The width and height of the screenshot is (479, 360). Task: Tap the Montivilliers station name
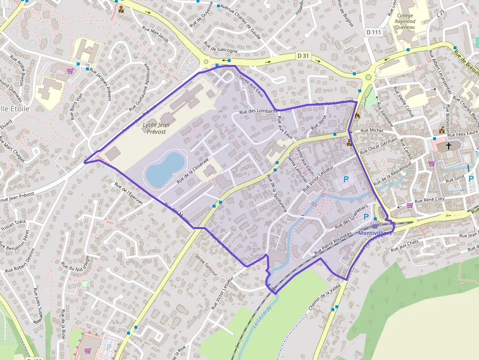tap(375, 233)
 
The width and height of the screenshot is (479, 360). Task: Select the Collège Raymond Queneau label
tap(405, 22)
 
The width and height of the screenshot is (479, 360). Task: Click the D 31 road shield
tap(303, 56)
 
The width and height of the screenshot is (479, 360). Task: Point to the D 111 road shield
tap(373, 32)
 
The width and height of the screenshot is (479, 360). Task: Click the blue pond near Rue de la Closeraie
tap(165, 169)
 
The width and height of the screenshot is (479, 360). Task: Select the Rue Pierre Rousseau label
tap(333, 243)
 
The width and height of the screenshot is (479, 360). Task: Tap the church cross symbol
tap(449, 146)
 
